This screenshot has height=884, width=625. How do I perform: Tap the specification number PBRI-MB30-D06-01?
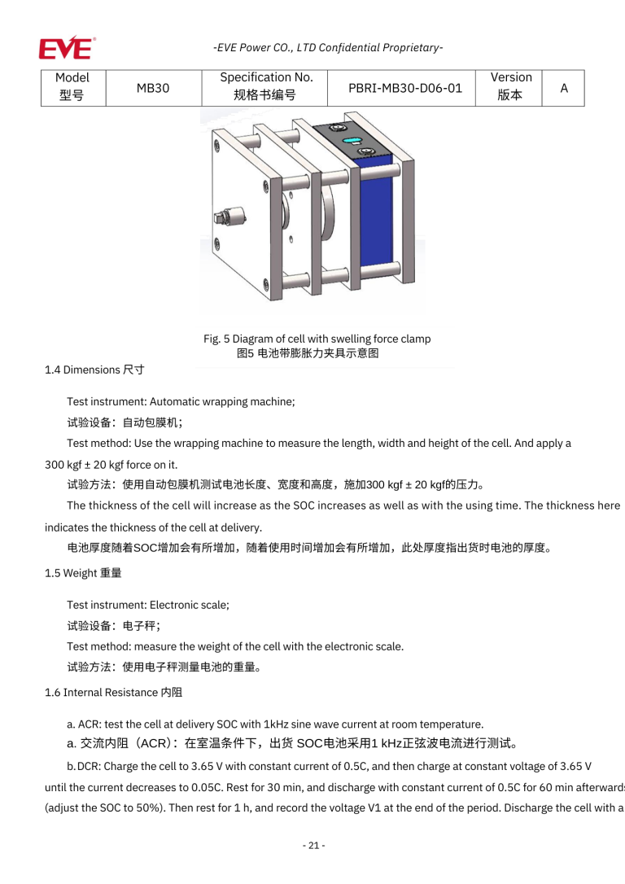tap(405, 88)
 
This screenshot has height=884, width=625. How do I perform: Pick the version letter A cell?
tap(564, 88)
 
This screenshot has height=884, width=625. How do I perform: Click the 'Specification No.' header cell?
tap(266, 86)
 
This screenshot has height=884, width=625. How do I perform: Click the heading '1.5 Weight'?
tap(83, 573)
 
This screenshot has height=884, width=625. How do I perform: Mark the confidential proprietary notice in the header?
tap(328, 48)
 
